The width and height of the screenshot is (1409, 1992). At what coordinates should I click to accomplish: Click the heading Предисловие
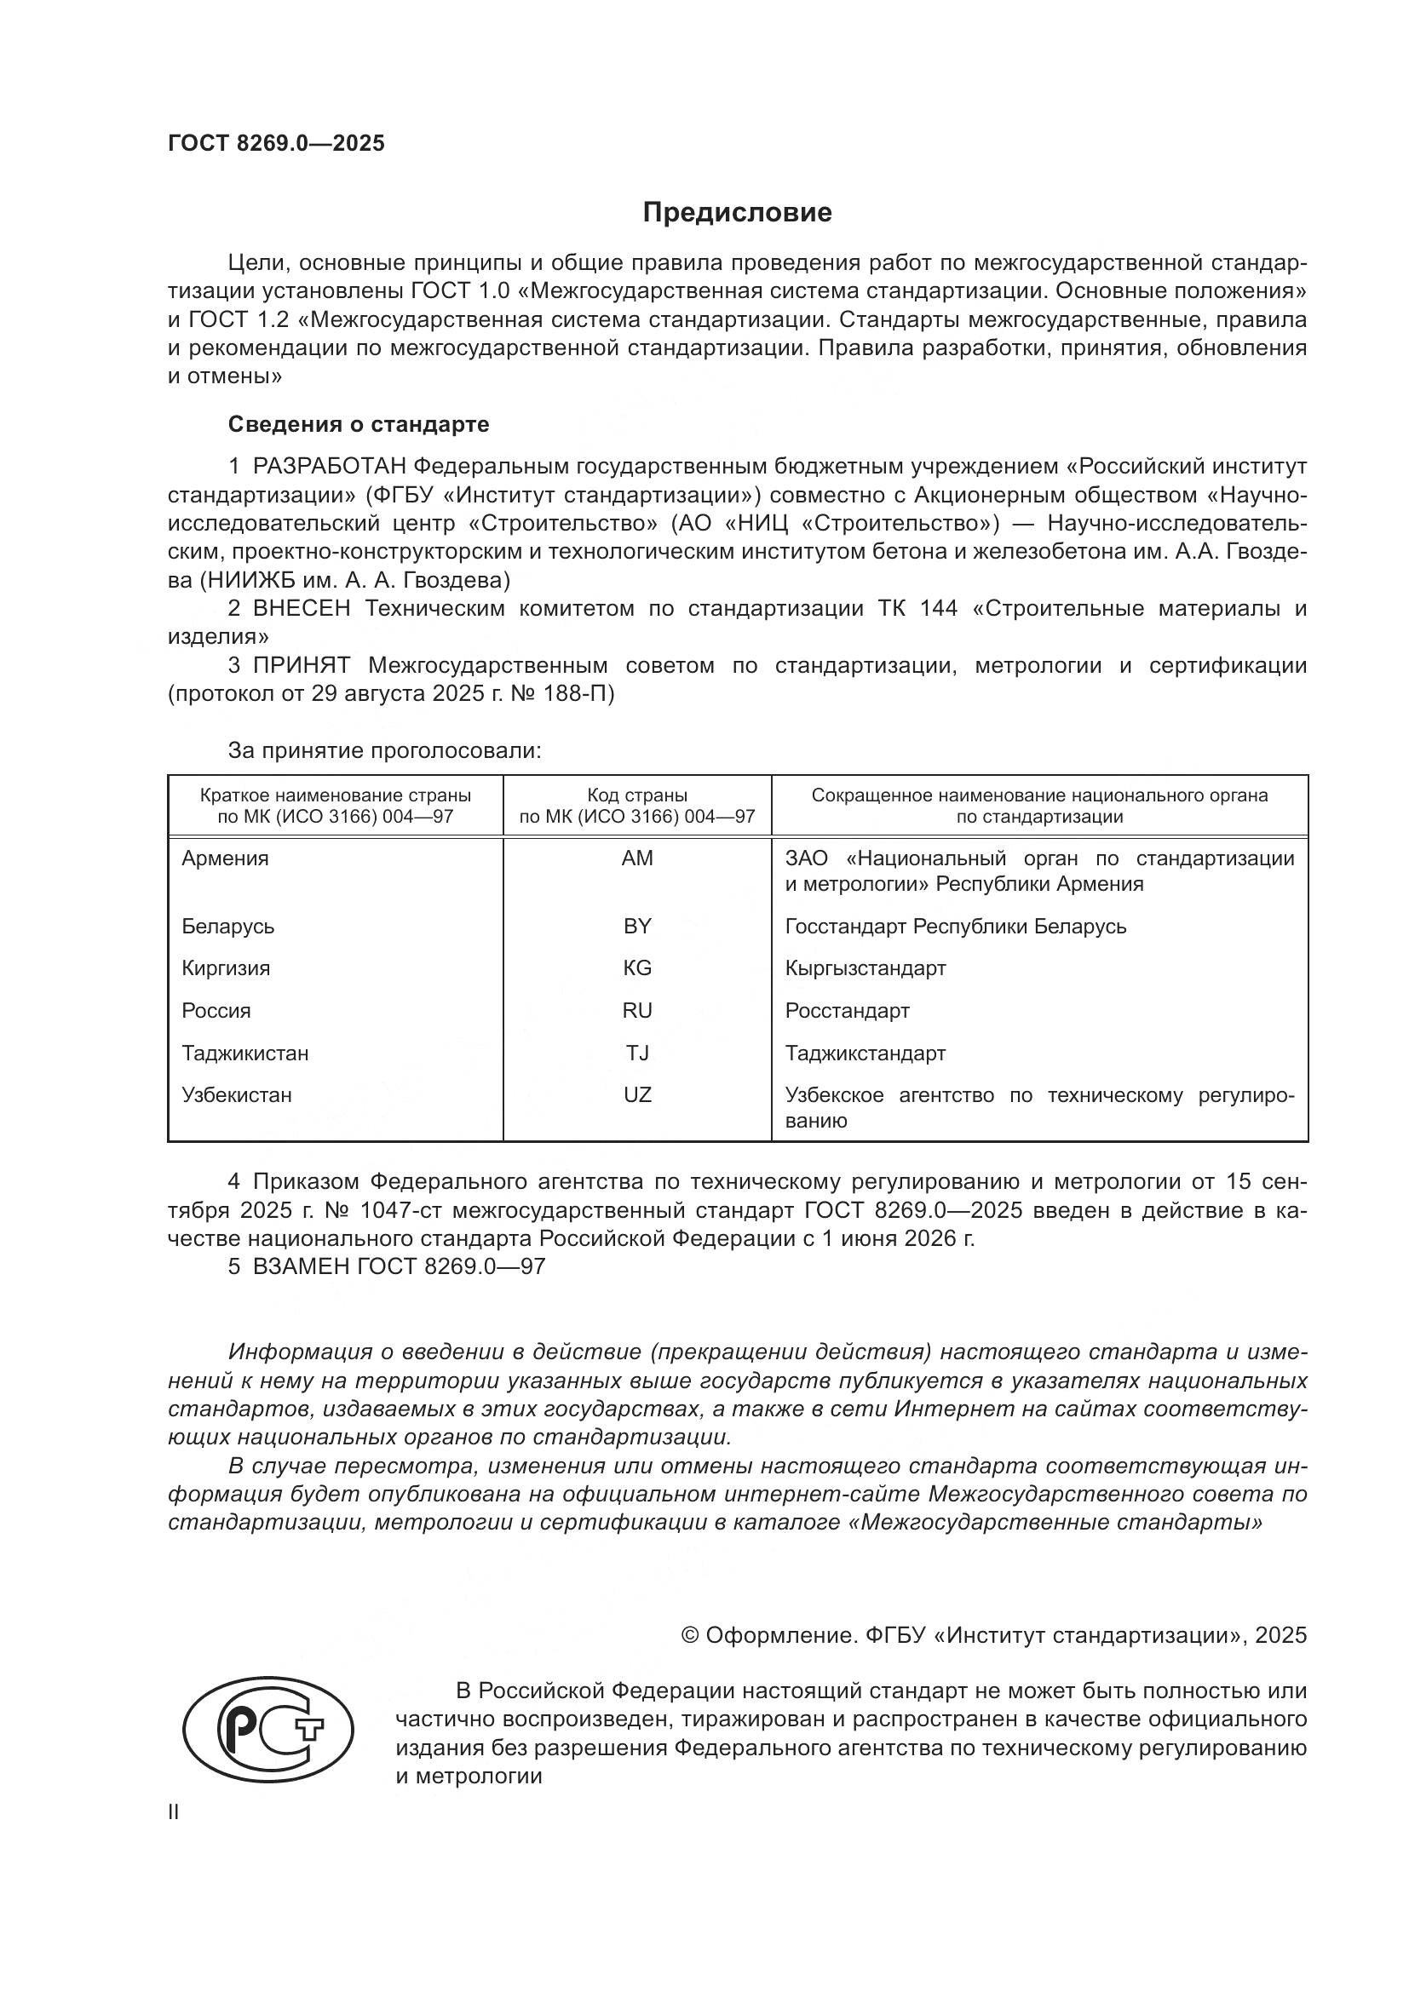737,213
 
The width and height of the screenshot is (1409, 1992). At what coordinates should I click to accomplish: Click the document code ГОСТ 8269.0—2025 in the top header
276,144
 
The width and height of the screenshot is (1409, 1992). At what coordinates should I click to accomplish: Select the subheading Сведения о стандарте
359,424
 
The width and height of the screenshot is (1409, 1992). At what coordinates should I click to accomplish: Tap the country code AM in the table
637,859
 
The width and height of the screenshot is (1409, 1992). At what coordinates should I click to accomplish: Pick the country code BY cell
637,927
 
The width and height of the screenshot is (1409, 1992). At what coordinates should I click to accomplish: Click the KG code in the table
637,968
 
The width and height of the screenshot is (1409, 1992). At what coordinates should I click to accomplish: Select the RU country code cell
637,1011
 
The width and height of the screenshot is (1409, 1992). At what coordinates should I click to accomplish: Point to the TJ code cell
637,1053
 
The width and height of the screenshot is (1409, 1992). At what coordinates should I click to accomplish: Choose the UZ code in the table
637,1095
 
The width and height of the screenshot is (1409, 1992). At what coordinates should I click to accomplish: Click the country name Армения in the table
226,859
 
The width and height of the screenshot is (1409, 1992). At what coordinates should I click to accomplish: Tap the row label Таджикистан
244,1053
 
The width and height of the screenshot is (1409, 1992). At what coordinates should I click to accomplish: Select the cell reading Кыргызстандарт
865,968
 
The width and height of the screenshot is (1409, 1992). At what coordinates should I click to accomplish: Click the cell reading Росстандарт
847,1011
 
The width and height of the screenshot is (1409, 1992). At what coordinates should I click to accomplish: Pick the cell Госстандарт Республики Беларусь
955,927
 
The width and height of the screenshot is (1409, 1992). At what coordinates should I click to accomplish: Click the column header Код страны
637,795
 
